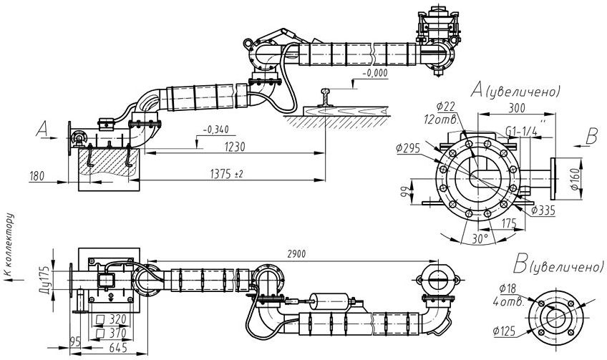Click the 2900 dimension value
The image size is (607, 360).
(296, 254)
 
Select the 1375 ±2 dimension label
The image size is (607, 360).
(226, 174)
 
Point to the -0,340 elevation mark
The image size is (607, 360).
(215, 130)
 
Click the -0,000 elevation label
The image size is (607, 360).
(375, 73)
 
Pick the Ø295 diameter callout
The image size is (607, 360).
(408, 147)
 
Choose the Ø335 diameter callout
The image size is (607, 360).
(543, 210)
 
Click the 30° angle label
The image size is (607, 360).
(480, 239)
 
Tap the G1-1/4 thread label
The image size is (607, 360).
(521, 131)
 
